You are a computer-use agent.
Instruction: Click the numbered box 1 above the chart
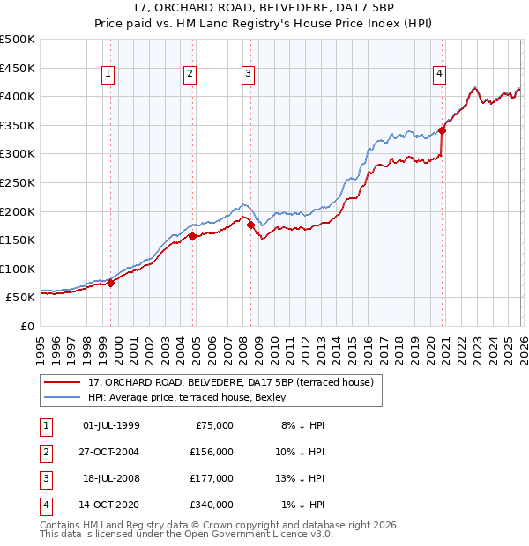[x=108, y=75]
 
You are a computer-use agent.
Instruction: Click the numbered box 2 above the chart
[x=190, y=75]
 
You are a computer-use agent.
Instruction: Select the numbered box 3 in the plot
[x=249, y=75]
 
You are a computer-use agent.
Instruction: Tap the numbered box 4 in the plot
[x=438, y=75]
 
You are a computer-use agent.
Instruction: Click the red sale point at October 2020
[x=443, y=130]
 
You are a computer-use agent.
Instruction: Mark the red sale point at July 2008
[x=251, y=225]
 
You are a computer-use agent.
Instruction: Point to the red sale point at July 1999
[x=111, y=283]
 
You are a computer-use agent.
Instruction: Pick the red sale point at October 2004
[x=193, y=236]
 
